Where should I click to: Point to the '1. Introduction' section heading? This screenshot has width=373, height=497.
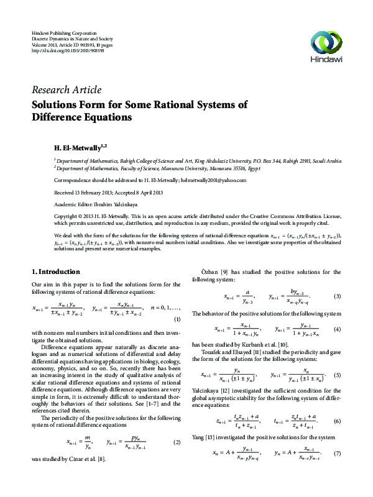click(55, 272)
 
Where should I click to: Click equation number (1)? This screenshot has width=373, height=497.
click(177, 319)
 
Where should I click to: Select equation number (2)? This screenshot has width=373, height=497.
click(177, 442)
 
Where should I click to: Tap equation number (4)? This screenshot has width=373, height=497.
click(338, 329)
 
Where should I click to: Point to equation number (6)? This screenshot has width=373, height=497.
click(338, 421)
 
